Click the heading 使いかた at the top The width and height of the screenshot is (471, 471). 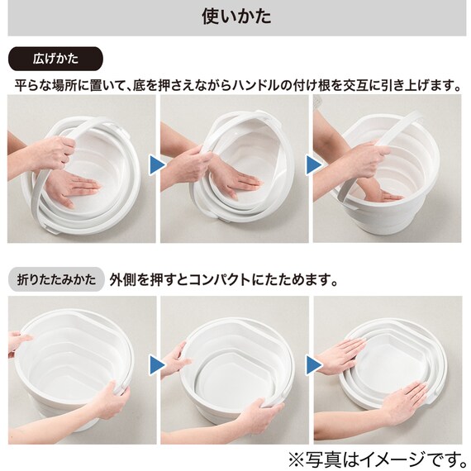[235, 17]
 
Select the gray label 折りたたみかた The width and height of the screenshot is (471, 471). [55, 278]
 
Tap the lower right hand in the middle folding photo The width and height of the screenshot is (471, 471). [256, 413]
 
